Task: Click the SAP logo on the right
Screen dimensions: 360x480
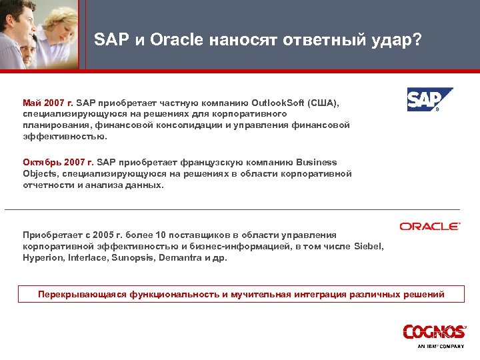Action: click(x=430, y=100)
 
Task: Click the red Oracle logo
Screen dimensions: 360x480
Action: click(x=430, y=227)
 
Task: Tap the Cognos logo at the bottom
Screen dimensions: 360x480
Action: click(x=434, y=332)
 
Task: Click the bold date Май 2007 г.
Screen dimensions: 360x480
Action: click(x=48, y=103)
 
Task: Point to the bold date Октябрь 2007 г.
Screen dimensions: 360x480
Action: click(x=59, y=162)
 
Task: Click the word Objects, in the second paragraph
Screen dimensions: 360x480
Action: click(x=41, y=173)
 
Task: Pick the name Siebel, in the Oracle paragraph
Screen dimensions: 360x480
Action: click(x=369, y=246)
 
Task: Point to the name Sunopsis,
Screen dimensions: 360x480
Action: click(x=128, y=257)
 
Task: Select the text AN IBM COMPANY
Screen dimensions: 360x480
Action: click(x=440, y=347)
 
